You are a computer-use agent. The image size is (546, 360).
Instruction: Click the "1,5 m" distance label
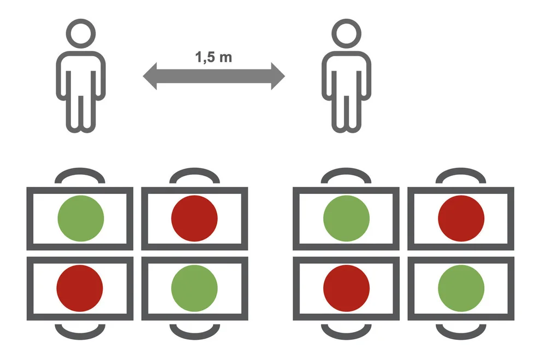point(213,57)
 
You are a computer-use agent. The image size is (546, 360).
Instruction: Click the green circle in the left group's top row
point(81,218)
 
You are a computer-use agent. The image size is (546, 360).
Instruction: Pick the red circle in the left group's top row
point(194,218)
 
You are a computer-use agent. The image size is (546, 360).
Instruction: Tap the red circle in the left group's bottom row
point(80,287)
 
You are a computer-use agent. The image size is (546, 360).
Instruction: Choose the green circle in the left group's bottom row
point(194,287)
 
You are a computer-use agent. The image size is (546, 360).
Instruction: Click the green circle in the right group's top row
point(347,218)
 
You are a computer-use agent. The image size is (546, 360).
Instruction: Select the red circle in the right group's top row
point(461,218)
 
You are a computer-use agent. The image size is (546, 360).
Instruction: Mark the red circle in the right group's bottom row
point(347,287)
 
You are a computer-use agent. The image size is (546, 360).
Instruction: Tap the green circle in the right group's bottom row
point(461,287)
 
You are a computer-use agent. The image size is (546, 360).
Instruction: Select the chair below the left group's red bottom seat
point(80,331)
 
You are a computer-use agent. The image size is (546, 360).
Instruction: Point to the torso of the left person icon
point(81,74)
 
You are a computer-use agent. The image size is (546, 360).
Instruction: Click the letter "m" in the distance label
point(225,57)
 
